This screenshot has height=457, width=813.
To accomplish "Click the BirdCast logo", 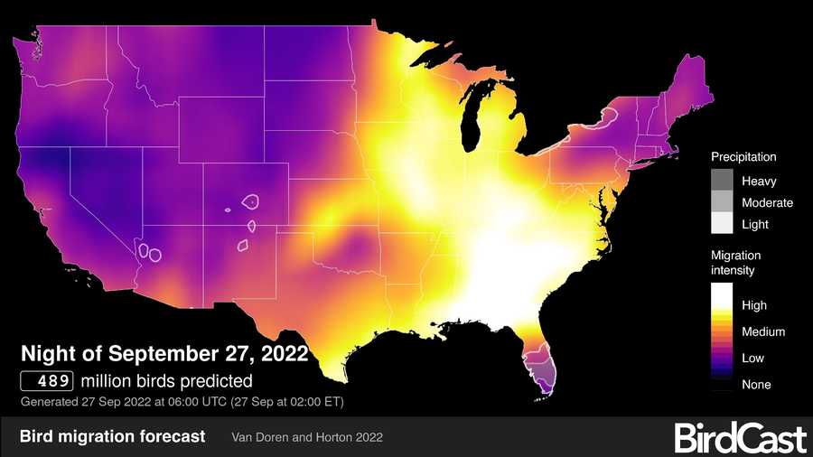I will pos(740,438).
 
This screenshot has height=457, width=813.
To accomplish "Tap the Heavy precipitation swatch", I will pos(722,181).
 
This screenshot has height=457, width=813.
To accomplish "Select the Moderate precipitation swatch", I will pos(722,202).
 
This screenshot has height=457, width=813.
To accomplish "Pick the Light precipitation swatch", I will pos(722,224).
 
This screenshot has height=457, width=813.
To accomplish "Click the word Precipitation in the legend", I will pos(743,157).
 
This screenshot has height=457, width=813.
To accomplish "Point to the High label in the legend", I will pos(754,305).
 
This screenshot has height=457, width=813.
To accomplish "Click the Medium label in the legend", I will pos(763,331).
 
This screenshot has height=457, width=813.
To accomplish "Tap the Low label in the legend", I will pos(752,358).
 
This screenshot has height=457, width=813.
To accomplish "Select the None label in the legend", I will pos(756,385).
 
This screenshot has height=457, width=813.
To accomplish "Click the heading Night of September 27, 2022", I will pos(164,351).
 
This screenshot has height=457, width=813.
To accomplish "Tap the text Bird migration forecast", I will pos(112,437).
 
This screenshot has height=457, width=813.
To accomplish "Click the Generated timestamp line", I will pos(181,401).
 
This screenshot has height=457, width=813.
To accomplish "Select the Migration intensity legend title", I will pos(736,263).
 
